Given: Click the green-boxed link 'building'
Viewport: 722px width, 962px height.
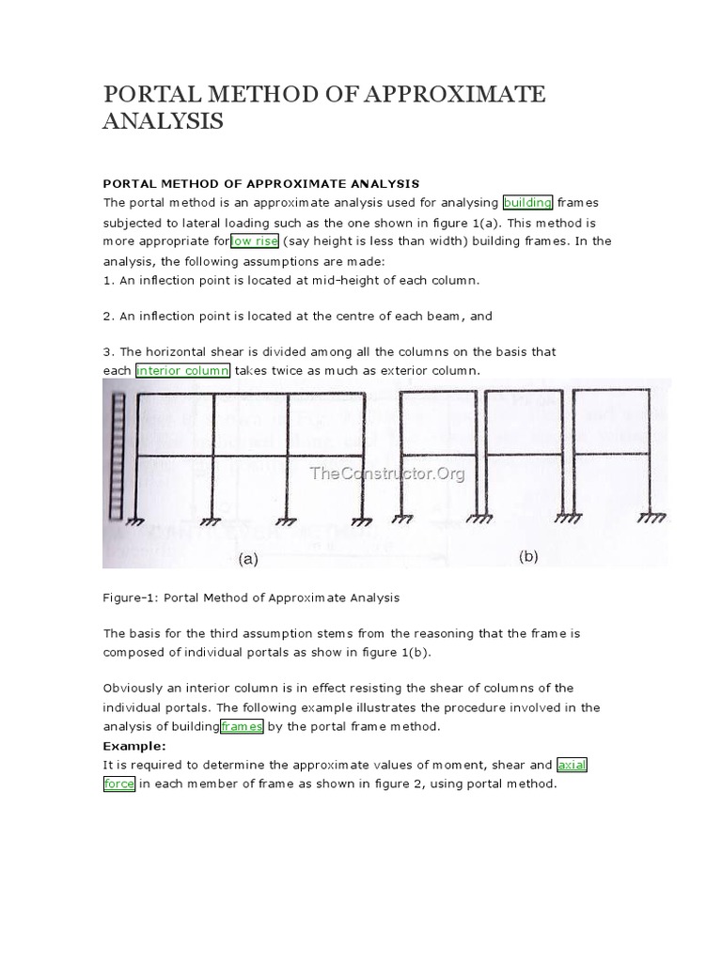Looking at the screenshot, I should (x=528, y=202).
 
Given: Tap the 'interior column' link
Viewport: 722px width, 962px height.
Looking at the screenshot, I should (x=182, y=370).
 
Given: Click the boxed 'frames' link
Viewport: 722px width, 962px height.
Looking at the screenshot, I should (x=242, y=726).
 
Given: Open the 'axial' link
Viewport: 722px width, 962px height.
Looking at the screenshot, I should (x=572, y=765).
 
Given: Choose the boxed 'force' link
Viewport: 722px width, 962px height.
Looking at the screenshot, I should (x=119, y=784).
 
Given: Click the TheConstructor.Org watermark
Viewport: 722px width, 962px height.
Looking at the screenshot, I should (x=387, y=473).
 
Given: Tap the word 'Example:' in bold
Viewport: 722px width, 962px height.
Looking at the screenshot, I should (x=133, y=746).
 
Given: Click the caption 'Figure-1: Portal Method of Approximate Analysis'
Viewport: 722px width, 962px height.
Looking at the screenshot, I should (x=251, y=597).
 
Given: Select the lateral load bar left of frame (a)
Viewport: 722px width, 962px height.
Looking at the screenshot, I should (x=118, y=456).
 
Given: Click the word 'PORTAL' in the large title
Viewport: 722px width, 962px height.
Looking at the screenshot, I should (x=150, y=95).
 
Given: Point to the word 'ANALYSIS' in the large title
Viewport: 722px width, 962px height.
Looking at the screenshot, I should (x=163, y=122).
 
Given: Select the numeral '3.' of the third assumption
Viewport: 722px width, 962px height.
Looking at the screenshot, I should (x=108, y=351).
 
